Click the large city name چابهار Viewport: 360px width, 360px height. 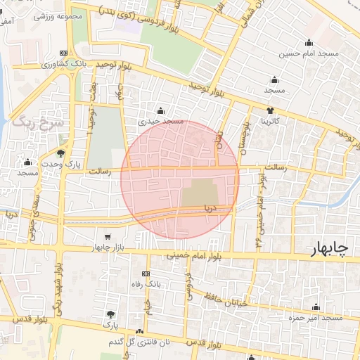pos(334,250)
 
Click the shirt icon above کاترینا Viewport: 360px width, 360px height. pos(271,110)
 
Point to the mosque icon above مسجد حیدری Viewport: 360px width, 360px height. pos(162,110)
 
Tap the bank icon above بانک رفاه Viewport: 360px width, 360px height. pos(146,274)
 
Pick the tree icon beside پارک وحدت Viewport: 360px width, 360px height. pos(61,153)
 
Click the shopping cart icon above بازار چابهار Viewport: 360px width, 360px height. pos(107,237)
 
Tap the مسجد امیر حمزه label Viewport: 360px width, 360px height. pos(316,319)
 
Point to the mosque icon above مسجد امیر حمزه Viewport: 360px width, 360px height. pos(316,307)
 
